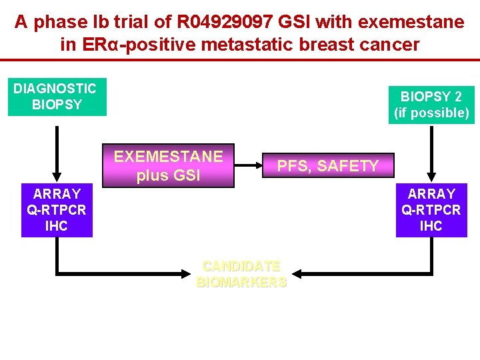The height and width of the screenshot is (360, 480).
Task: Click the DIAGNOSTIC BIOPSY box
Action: [x=57, y=97]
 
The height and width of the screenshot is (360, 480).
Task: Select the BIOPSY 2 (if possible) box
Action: [x=431, y=105]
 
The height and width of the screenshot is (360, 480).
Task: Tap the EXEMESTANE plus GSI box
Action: [x=169, y=165]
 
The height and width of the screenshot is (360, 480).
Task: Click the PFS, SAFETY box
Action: [x=328, y=165]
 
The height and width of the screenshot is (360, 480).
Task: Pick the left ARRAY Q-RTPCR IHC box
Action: [x=57, y=210]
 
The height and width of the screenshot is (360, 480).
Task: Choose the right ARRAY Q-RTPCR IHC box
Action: [x=431, y=210]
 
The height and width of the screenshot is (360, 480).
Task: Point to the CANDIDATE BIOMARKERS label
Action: [x=241, y=274]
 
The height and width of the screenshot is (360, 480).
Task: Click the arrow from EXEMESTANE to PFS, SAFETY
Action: [x=248, y=165]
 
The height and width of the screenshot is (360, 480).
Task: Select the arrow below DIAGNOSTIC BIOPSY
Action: [x=57, y=154]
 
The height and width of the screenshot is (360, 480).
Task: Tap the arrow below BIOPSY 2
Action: [x=431, y=154]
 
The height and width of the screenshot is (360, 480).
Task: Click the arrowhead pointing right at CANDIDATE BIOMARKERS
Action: [x=186, y=274]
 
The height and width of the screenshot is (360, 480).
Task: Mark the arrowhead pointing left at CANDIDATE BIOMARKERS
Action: [x=297, y=274]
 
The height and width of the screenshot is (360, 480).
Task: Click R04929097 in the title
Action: [x=225, y=22]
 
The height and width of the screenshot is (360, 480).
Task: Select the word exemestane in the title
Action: [x=411, y=22]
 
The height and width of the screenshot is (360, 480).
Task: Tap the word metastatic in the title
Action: [x=247, y=45]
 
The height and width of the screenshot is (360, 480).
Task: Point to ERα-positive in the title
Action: [x=139, y=45]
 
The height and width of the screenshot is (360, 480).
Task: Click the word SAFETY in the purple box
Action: [x=348, y=165]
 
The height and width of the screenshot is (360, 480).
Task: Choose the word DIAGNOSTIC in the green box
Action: [x=55, y=89]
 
